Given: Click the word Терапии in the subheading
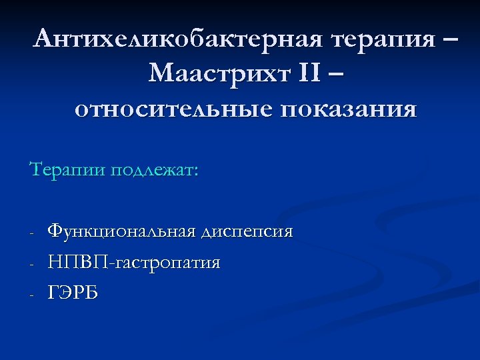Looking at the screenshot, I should point(67,169).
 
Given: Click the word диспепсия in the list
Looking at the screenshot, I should point(248,231).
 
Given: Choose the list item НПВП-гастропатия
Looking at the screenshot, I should point(134,263).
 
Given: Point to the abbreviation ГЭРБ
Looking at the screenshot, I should point(73,293).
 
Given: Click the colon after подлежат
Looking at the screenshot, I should point(195,171).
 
